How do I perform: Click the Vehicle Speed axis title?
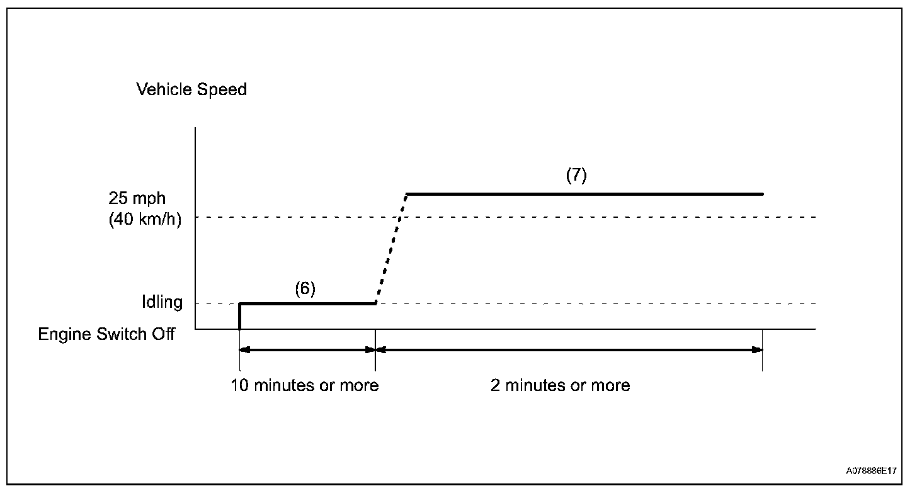(191, 89)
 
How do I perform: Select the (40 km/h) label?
(144, 220)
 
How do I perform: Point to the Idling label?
(162, 302)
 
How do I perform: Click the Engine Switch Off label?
(106, 334)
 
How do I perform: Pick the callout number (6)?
(305, 288)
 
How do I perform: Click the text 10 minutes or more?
(304, 385)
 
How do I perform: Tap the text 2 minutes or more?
(560, 385)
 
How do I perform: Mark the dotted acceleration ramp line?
(391, 249)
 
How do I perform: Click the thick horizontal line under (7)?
(584, 194)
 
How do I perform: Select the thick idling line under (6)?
(307, 303)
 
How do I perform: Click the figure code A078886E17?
(871, 470)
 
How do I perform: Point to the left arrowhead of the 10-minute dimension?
(244, 349)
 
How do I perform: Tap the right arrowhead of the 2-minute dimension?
(758, 349)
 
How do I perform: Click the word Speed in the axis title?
(221, 89)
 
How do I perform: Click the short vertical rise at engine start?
(240, 316)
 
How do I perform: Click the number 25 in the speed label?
(118, 198)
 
